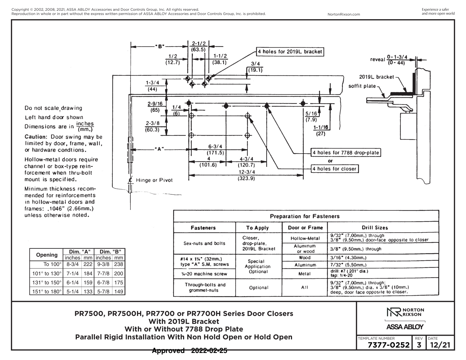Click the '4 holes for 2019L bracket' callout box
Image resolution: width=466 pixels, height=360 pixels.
tap(290, 52)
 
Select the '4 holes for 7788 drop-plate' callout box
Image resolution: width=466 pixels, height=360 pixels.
tap(346, 152)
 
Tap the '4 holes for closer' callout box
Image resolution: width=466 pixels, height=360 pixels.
tap(335, 169)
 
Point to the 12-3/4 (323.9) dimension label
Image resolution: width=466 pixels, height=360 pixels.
tap(246, 175)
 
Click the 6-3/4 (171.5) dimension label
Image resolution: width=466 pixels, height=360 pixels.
tap(215, 149)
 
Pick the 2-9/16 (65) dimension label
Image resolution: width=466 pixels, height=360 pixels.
tap(155, 107)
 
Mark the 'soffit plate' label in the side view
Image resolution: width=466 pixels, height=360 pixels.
tap(362, 86)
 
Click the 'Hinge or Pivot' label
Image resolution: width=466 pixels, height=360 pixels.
tap(154, 180)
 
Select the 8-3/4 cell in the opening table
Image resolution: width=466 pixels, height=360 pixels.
tap(73, 264)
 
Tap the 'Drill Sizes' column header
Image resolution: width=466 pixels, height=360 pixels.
tap(375, 228)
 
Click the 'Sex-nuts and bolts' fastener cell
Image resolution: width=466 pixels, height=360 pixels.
tap(204, 243)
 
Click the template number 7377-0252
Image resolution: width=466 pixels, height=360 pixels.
tap(389, 345)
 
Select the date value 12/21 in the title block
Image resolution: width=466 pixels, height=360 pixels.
tap(440, 345)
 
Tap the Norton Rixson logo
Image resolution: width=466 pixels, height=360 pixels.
tap(405, 312)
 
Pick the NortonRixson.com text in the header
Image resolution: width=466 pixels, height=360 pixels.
tap(344, 14)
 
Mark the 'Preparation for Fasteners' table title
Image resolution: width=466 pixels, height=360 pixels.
tap(305, 216)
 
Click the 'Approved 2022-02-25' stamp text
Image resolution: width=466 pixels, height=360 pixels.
tap(190, 351)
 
